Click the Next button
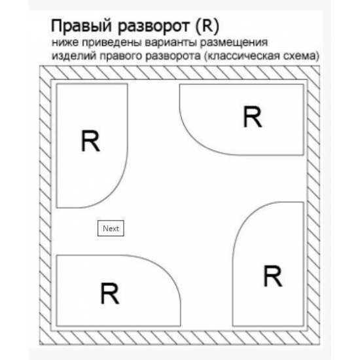[x=111, y=228]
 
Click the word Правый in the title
[x=81, y=26]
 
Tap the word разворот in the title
[x=154, y=27]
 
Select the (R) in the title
[x=207, y=26]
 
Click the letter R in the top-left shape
[x=90, y=141]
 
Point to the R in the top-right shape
[x=252, y=117]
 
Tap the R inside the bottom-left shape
[x=110, y=293]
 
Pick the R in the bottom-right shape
[x=273, y=276]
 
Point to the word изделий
[x=74, y=56]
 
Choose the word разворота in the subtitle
[x=173, y=56]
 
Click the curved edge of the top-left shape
[x=118, y=184]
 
